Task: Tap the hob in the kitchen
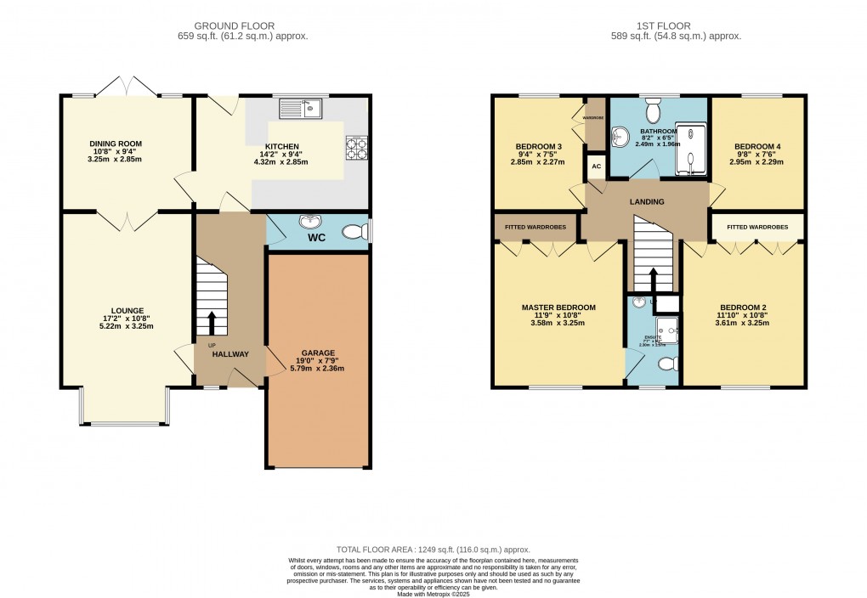tap(356, 149)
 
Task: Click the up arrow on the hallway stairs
tap(212, 323)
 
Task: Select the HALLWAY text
tap(229, 354)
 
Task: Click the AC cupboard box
tap(596, 166)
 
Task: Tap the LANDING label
tap(647, 201)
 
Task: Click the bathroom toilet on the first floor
tap(653, 110)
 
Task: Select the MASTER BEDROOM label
tap(558, 307)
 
